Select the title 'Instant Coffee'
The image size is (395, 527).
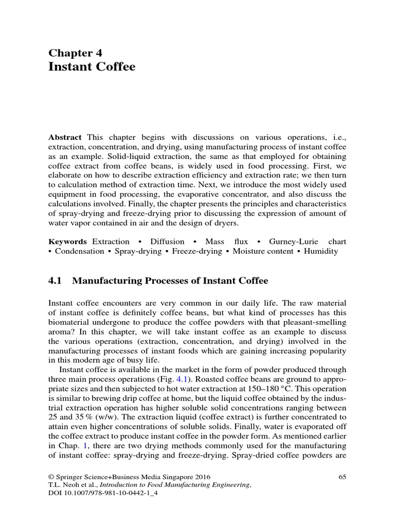click(92, 67)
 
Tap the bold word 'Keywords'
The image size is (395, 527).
click(68, 241)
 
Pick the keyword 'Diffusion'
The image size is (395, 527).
click(167, 241)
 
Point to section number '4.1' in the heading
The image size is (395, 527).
click(55, 280)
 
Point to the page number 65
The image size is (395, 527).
click(343, 477)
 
